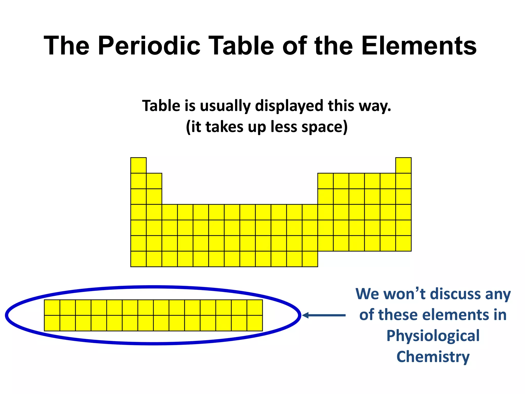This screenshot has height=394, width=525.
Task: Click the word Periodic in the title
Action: pyautogui.click(x=149, y=46)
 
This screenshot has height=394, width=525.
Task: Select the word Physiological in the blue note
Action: pyautogui.click(x=433, y=336)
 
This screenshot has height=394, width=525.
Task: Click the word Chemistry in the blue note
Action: pyautogui.click(x=433, y=357)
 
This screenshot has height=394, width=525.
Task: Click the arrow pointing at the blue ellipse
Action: pyautogui.click(x=324, y=315)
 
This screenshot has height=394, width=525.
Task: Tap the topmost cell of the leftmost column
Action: pyautogui.click(x=138, y=165)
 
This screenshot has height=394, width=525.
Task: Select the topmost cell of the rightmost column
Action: pyautogui.click(x=403, y=165)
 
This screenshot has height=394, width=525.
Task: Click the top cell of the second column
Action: pyautogui.click(x=154, y=181)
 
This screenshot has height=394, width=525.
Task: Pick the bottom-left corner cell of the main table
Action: pyautogui.click(x=138, y=259)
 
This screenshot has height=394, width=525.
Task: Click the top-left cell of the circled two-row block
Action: pyautogui.click(x=52, y=308)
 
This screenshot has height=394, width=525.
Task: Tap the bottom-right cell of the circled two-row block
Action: pyautogui.click(x=255, y=323)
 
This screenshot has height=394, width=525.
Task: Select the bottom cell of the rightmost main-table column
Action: pyautogui.click(x=403, y=243)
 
